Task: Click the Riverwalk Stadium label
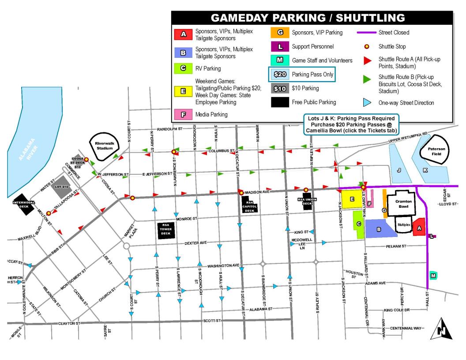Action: pos(105,146)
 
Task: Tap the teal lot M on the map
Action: pos(433,276)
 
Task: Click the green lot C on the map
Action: pos(359,224)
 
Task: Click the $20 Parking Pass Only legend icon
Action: pos(280,74)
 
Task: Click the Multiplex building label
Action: pos(403,224)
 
